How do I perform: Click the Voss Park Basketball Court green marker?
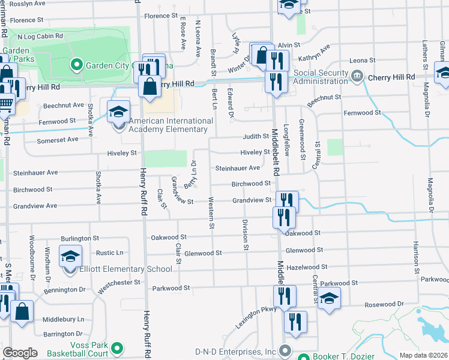point(118,347)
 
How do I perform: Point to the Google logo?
point(20,353)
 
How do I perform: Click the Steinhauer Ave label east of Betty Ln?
point(238,168)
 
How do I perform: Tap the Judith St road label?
point(256,137)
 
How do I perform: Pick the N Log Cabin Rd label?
point(40,36)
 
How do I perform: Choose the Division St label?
point(246,234)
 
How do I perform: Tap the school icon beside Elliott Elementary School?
point(70,256)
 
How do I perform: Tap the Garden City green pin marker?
point(76,64)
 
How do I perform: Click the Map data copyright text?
point(424,355)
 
